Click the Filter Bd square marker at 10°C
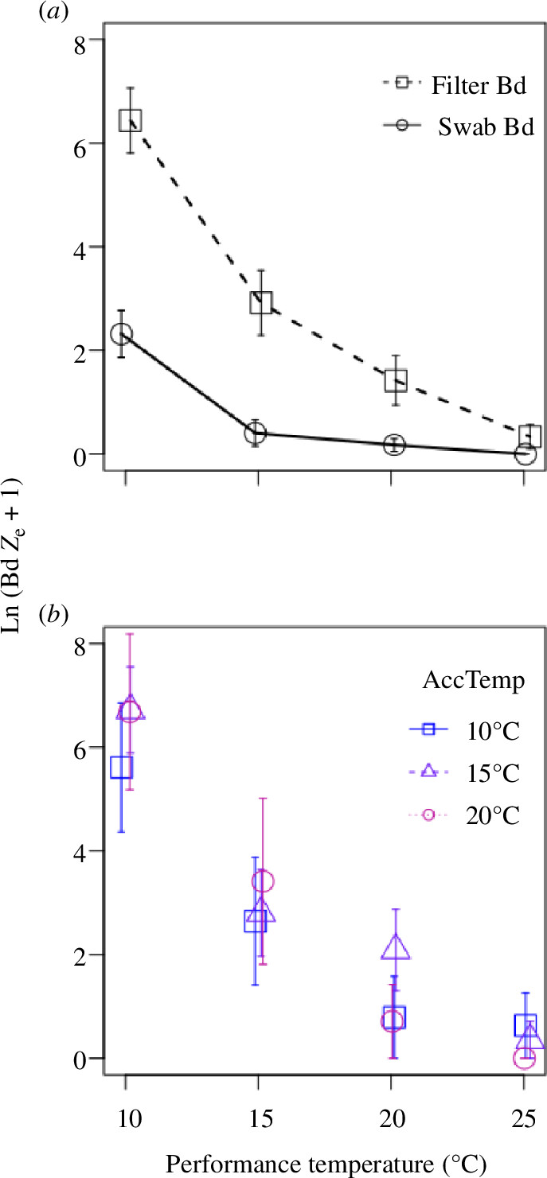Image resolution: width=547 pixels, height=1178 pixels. [130, 121]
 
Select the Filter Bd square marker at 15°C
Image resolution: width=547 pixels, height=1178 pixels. [261, 302]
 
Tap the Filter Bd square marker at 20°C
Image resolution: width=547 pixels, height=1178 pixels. [396, 379]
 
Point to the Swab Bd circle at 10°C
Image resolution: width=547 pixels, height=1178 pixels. [121, 334]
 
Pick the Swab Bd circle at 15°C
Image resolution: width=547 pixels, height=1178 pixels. [255, 433]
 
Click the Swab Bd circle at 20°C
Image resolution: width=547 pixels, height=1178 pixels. [394, 445]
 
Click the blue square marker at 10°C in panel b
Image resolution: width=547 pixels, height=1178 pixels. [121, 767]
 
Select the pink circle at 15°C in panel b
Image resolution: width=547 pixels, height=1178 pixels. [263, 881]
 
